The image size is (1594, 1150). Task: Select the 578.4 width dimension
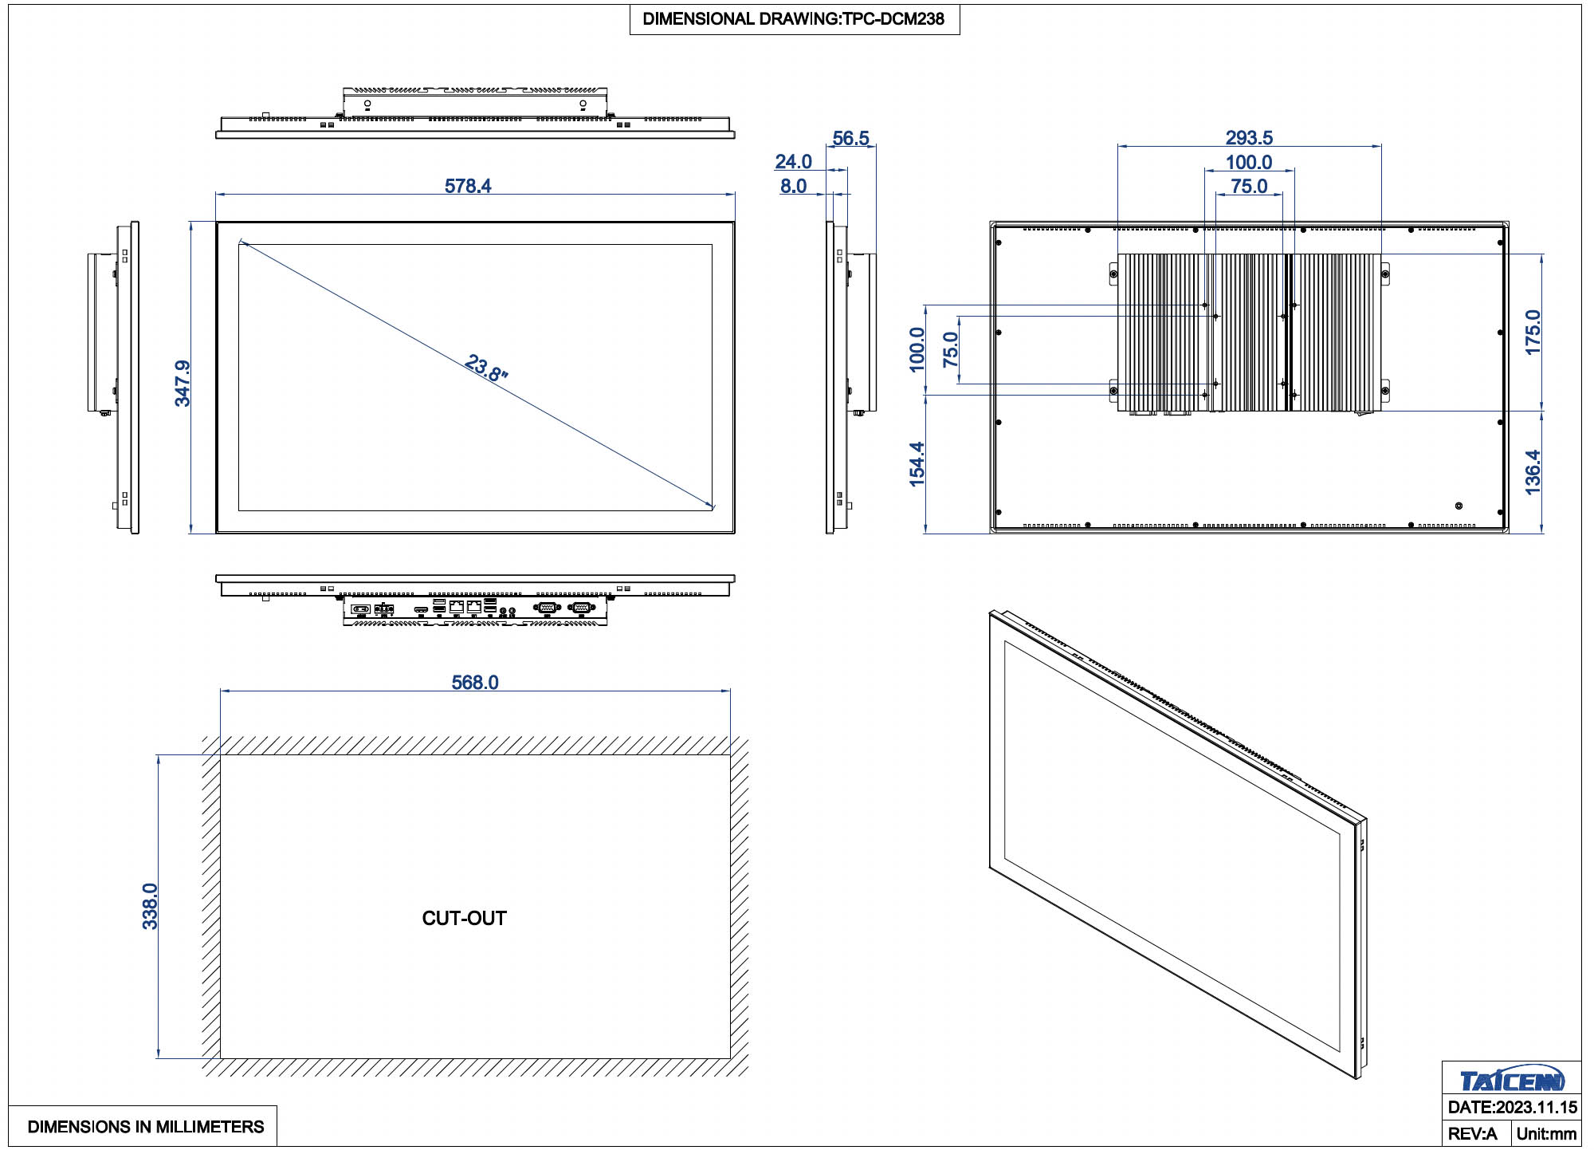468,186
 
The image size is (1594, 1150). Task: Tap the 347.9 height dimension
183,384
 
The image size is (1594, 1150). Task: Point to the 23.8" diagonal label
486,368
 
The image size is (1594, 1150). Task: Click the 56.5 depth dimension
850,138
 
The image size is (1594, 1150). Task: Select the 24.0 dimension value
793,162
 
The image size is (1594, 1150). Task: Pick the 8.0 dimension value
793,186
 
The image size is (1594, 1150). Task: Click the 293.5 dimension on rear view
1249,138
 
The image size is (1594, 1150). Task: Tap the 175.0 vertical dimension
1533,333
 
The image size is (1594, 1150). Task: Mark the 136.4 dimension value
1533,473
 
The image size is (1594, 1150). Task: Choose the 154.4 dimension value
917,464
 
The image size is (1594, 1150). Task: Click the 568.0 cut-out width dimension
475,683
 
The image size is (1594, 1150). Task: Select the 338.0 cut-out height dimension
150,906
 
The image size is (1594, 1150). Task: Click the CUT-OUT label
465,918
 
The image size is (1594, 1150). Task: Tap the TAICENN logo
1512,1080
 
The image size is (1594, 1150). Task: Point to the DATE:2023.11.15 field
1512,1108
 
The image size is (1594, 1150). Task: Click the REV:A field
1472,1133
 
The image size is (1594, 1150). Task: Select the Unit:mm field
1546,1133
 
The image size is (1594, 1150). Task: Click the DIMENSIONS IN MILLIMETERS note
146,1127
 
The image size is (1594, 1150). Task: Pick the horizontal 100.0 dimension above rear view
1249,163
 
